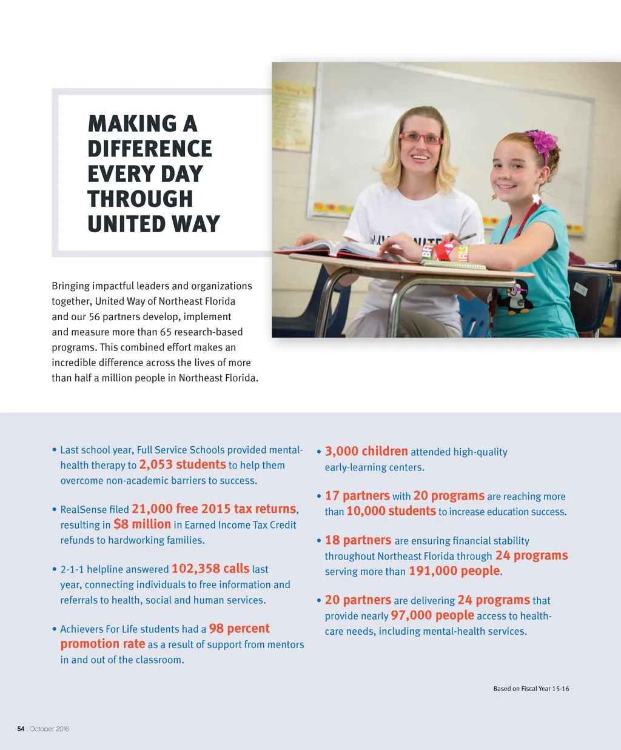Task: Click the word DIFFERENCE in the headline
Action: pyautogui.click(x=150, y=149)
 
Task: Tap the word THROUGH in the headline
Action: pyautogui.click(x=140, y=199)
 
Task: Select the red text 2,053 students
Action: pyautogui.click(x=183, y=464)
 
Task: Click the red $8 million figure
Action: pyautogui.click(x=142, y=524)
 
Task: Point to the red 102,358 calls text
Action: pyautogui.click(x=210, y=569)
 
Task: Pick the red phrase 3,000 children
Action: pyautogui.click(x=366, y=451)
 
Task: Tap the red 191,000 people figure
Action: pyautogui.click(x=455, y=571)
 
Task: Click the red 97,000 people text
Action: pyautogui.click(x=432, y=615)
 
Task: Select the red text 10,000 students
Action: pyautogui.click(x=391, y=511)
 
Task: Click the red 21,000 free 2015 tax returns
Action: pyautogui.click(x=214, y=509)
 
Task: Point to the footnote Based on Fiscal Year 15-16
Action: pyautogui.click(x=531, y=689)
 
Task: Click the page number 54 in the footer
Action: pyautogui.click(x=21, y=729)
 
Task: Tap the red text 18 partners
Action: pyautogui.click(x=358, y=540)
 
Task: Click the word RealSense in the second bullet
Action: pyautogui.click(x=83, y=510)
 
